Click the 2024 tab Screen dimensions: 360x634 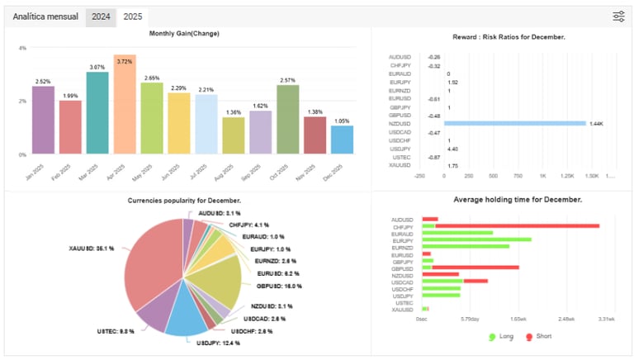pyautogui.click(x=102, y=17)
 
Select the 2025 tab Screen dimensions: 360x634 pyautogui.click(x=131, y=17)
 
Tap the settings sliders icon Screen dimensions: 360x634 pyautogui.click(x=619, y=17)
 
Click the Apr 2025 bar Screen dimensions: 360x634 pyautogui.click(x=125, y=105)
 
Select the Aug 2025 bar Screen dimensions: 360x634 pyautogui.click(x=234, y=135)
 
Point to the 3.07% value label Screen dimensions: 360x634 pyautogui.click(x=97, y=67)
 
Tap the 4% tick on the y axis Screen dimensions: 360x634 pyautogui.click(x=23, y=49)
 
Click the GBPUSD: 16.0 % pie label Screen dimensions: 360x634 pyautogui.click(x=279, y=286)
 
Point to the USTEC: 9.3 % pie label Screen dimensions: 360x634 pyautogui.click(x=116, y=331)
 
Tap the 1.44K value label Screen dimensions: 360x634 pyautogui.click(x=597, y=123)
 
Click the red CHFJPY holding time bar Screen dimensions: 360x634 pyautogui.click(x=517, y=225)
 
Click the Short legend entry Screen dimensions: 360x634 pyautogui.click(x=540, y=337)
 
